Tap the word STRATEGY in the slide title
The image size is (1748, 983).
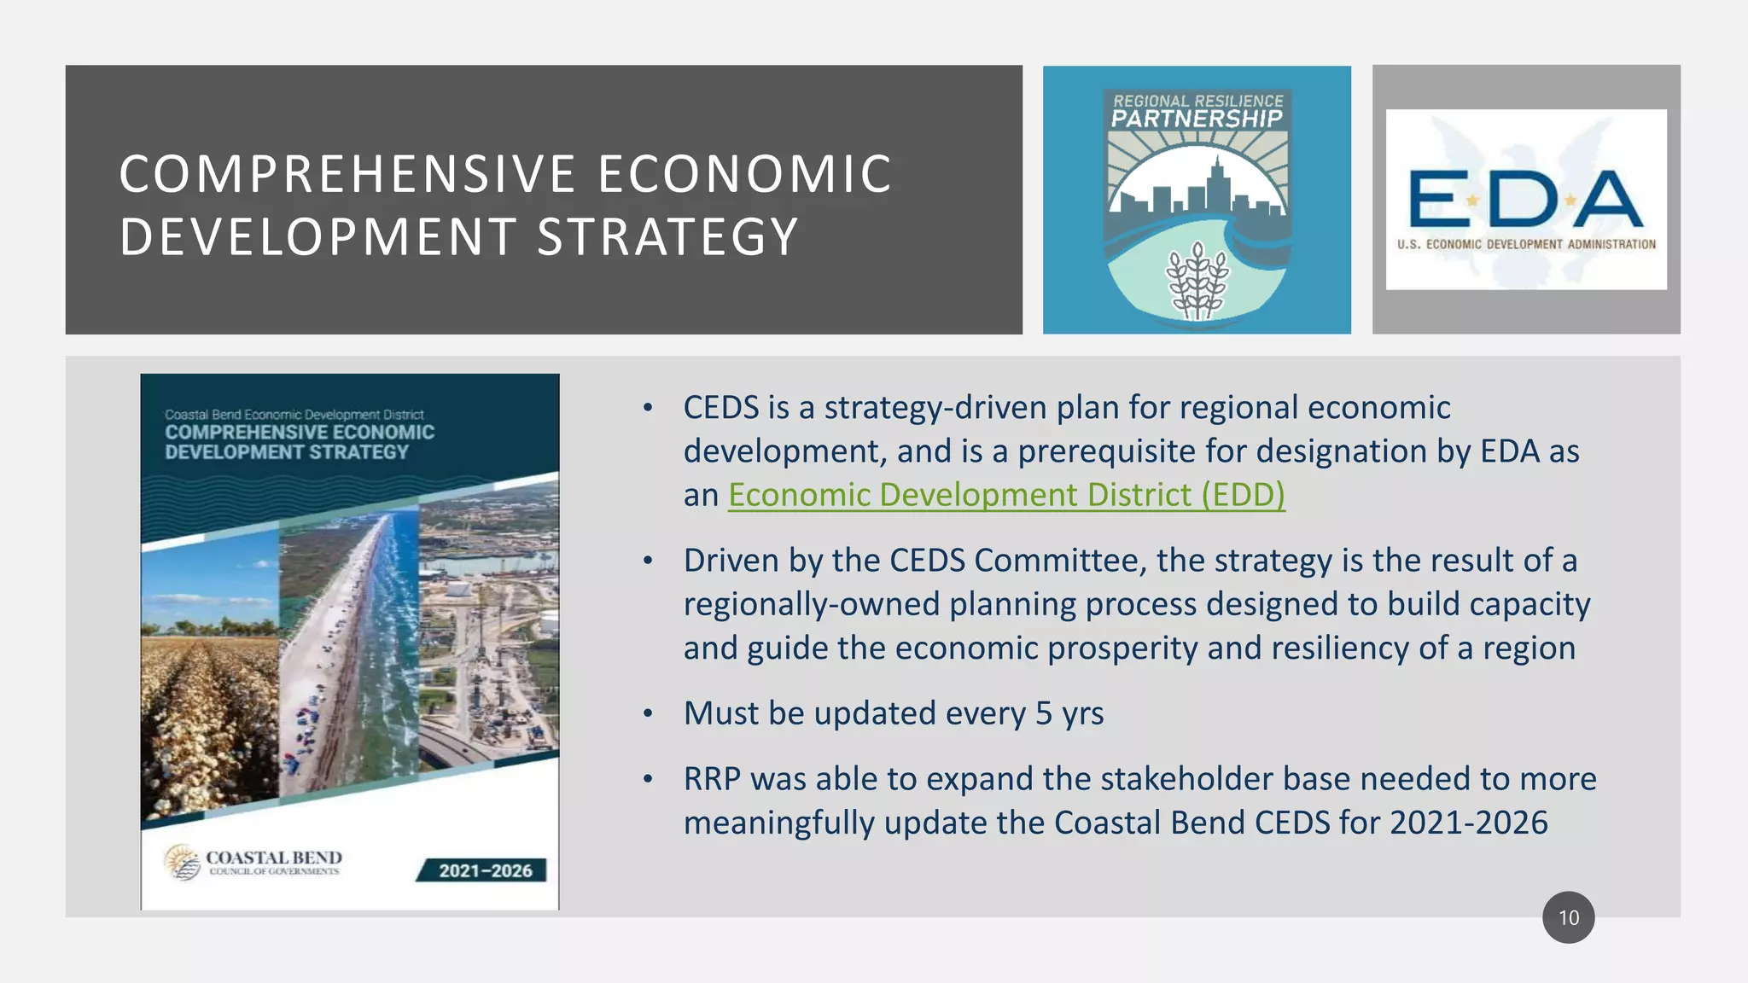667,237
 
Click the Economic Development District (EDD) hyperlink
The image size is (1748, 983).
1005,495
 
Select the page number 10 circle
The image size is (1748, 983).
1568,917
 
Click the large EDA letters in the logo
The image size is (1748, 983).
1525,199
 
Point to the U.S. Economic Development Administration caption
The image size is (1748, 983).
1525,244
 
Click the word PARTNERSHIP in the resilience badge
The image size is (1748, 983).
1197,119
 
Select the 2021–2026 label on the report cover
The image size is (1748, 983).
484,870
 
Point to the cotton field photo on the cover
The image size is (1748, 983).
209,683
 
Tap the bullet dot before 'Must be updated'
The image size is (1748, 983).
648,713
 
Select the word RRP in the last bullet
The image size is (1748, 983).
712,779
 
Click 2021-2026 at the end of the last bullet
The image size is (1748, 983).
1468,823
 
